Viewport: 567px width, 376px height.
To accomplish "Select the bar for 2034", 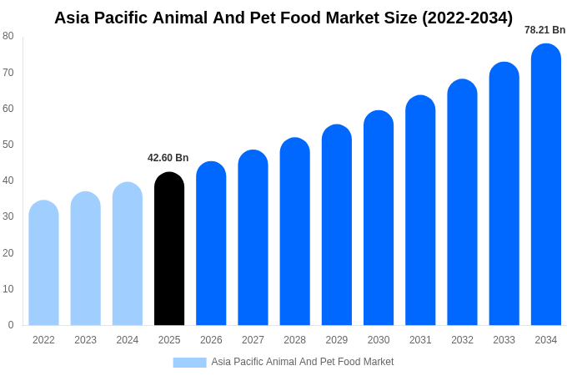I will point(546,185).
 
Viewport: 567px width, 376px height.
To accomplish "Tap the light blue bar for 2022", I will point(43,263).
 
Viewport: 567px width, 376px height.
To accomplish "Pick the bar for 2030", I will point(379,218).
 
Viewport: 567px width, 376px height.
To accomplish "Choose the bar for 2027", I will point(253,238).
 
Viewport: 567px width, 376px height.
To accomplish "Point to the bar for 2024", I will point(128,254).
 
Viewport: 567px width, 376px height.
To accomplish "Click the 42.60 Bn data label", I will point(168,158).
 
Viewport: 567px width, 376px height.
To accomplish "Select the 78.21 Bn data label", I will point(544,30).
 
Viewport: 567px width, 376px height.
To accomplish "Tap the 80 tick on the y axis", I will point(8,36).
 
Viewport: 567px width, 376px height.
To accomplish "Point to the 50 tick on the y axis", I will point(8,145).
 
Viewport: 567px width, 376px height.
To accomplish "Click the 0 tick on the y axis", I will point(11,325).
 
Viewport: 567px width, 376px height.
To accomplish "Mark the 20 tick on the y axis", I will point(8,253).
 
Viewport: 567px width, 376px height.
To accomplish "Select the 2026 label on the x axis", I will point(211,340).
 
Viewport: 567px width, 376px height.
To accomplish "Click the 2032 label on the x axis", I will point(462,340).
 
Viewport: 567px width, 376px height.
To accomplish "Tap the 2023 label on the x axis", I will point(86,340).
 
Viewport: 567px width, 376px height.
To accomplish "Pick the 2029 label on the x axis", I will point(337,340).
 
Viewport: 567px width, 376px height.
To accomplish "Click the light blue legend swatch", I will point(189,363).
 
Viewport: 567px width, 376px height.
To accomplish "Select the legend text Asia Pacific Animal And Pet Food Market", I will point(302,362).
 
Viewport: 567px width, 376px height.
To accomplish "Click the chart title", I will point(283,18).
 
